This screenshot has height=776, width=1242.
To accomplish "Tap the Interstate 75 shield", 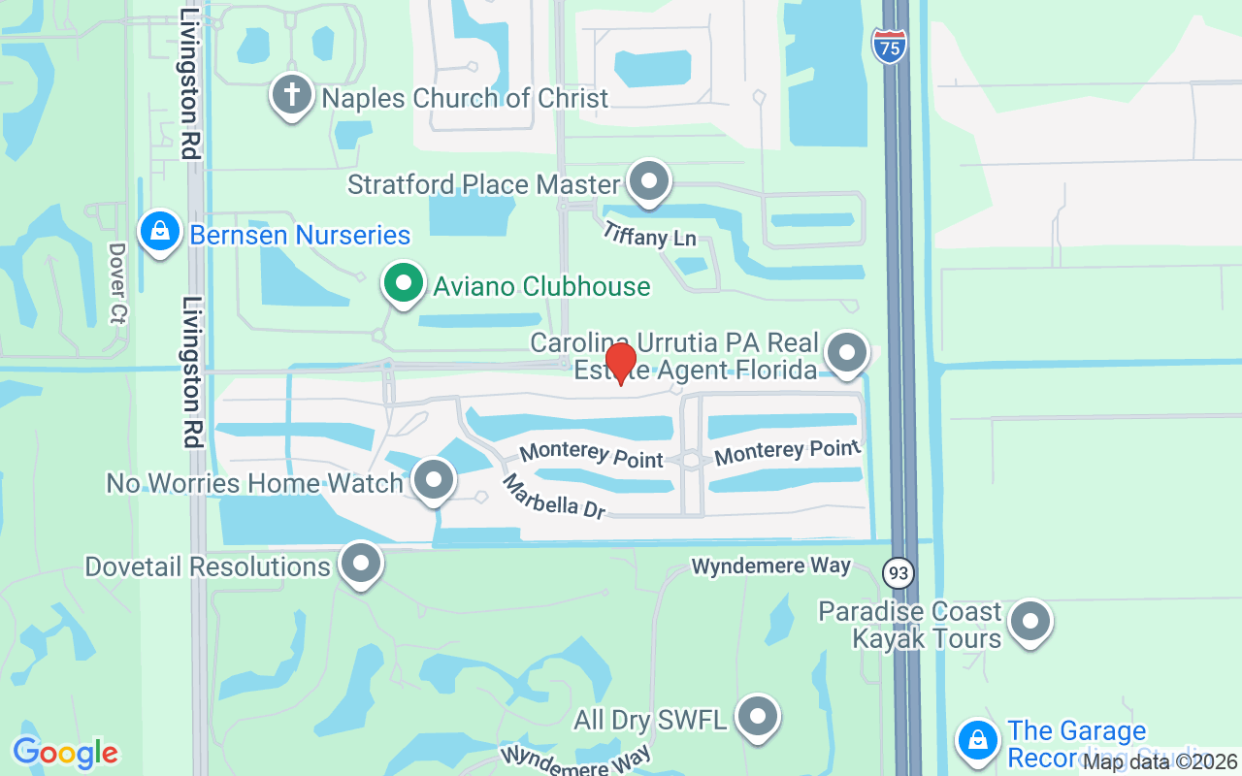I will (x=889, y=46).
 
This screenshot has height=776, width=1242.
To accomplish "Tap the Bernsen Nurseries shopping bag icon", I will (x=160, y=232).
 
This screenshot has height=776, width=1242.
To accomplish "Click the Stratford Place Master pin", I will (x=648, y=180).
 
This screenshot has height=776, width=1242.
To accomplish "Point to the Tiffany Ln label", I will (x=649, y=234).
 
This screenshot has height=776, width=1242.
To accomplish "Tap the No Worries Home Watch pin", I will (x=433, y=479).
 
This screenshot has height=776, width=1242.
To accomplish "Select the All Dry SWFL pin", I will (x=758, y=717).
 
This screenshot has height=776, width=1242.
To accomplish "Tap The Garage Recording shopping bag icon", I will (x=977, y=740).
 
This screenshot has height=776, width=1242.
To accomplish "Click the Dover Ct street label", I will (x=117, y=282).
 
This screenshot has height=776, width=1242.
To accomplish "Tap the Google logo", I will (x=65, y=753).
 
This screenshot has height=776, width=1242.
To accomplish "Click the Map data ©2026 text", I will (x=1160, y=762).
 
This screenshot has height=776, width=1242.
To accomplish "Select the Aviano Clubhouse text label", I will (x=541, y=287).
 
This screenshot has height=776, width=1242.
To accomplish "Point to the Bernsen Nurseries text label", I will (x=300, y=235).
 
